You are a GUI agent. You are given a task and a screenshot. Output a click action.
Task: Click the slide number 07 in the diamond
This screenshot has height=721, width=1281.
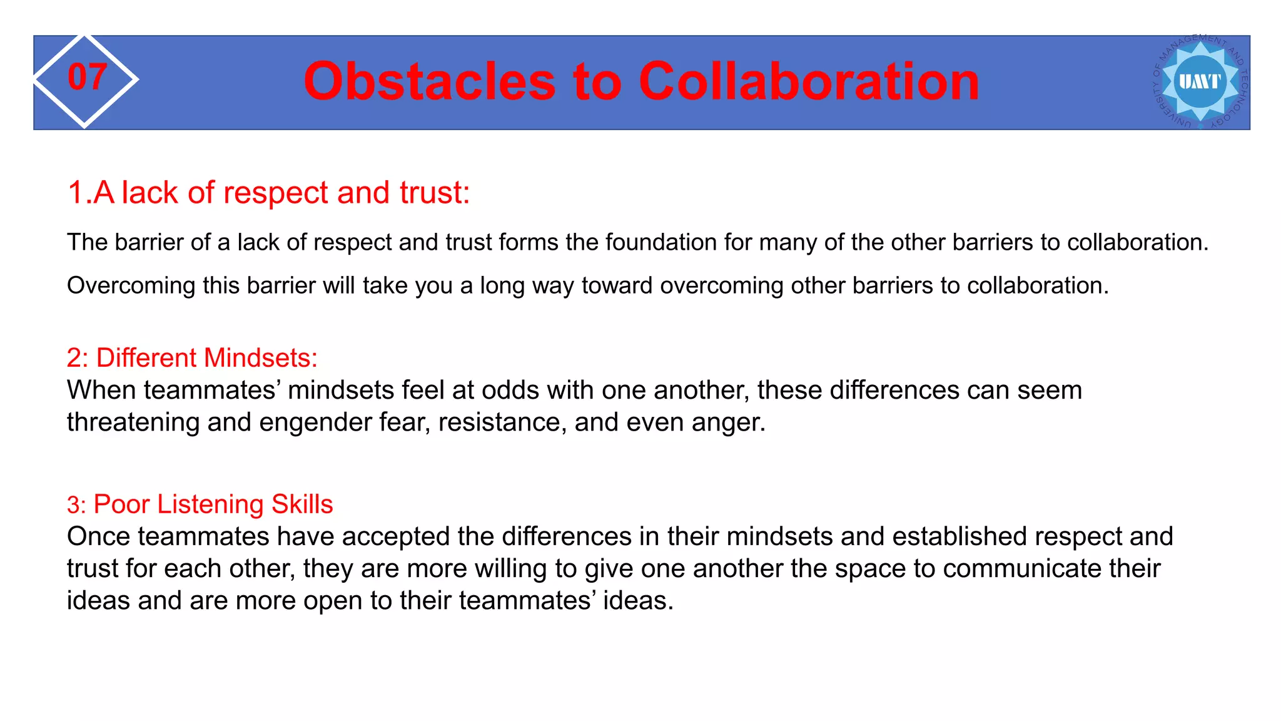[87, 78]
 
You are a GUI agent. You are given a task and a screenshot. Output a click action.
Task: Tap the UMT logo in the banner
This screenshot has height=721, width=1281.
[1200, 82]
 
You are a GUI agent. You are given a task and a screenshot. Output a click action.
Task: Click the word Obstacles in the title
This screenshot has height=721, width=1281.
[429, 81]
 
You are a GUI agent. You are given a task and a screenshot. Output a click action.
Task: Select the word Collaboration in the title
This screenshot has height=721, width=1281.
[809, 81]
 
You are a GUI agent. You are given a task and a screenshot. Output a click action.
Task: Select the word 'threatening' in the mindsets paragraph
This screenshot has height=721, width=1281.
[133, 422]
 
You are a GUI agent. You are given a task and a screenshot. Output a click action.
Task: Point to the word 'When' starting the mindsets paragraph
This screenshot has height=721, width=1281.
[101, 391]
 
